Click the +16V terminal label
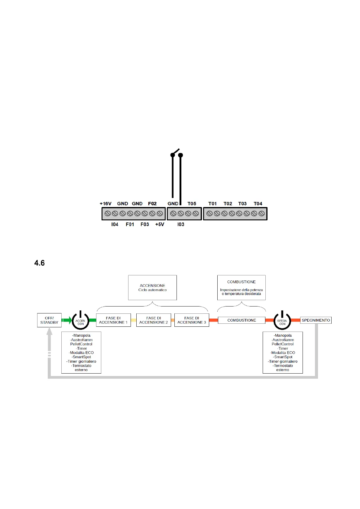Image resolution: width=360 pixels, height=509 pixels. [105, 204]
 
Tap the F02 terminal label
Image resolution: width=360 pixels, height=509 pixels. [152, 204]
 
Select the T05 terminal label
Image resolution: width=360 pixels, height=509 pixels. [192, 204]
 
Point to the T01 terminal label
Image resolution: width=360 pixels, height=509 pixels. [212, 204]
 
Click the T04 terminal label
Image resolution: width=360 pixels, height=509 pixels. [258, 204]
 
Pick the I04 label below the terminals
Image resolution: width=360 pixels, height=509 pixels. [115, 224]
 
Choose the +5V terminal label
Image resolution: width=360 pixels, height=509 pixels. [160, 224]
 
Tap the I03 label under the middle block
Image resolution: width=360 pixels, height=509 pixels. [181, 224]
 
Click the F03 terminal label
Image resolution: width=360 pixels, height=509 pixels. [145, 224]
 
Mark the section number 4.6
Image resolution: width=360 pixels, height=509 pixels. [40, 263]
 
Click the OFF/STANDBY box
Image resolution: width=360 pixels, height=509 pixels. [49, 320]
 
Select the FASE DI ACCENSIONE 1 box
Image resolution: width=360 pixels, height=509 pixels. [113, 320]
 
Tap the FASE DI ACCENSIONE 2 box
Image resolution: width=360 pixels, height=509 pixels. [154, 320]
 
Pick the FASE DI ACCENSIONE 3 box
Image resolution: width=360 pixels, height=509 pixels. [192, 320]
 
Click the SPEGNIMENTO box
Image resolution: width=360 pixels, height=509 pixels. [316, 320]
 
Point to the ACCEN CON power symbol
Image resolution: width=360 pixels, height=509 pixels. [80, 321]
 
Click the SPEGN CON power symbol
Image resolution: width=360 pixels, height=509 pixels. [282, 321]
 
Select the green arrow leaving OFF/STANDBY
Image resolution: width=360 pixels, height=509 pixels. [67, 320]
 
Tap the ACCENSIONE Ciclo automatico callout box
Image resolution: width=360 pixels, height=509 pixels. [152, 287]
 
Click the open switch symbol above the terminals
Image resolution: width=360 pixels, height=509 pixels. [176, 153]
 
